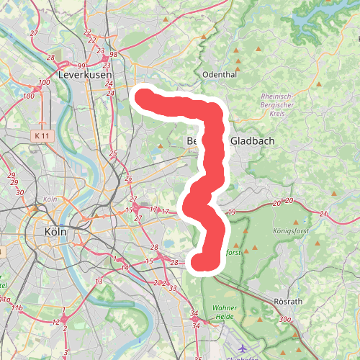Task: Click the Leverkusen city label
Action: click(x=81, y=74)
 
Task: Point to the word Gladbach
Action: click(x=252, y=141)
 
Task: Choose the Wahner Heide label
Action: click(x=225, y=312)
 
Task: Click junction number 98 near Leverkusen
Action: click(x=113, y=55)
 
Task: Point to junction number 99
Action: click(x=81, y=66)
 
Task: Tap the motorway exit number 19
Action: click(x=231, y=212)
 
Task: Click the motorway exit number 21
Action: click(x=323, y=214)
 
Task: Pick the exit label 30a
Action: click(x=285, y=319)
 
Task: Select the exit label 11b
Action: click(x=19, y=308)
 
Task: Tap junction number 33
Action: click(x=173, y=287)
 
